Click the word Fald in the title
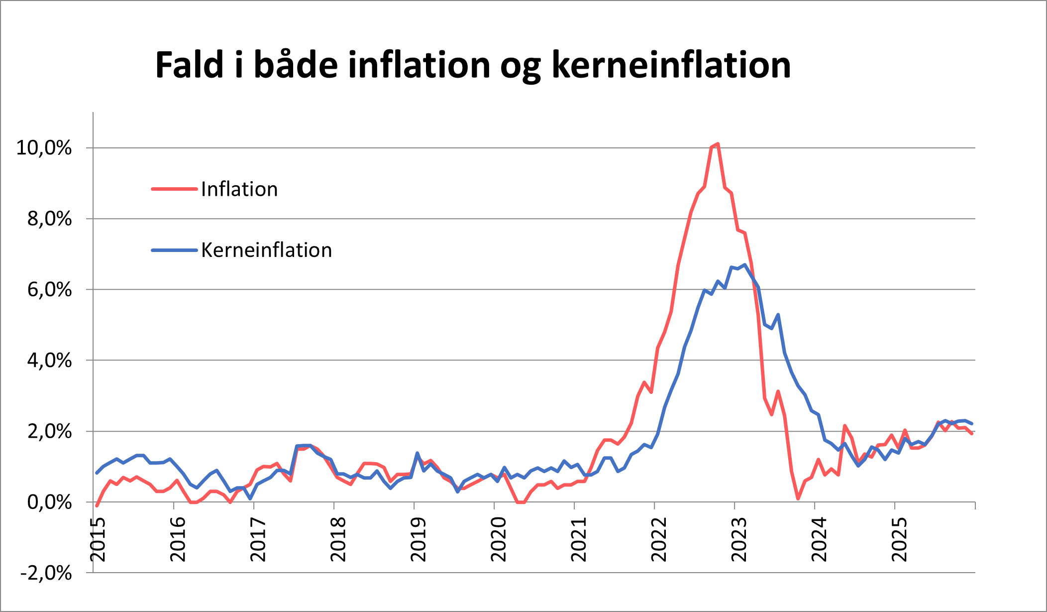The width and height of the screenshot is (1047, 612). click(x=190, y=65)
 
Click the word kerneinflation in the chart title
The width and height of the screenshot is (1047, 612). click(x=671, y=65)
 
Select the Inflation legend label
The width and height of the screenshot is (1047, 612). click(x=239, y=189)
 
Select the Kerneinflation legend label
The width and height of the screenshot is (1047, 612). click(x=266, y=250)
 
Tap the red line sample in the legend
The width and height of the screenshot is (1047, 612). click(x=174, y=189)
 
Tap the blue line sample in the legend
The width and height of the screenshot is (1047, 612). click(x=174, y=250)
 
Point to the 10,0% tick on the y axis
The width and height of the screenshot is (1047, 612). click(x=44, y=148)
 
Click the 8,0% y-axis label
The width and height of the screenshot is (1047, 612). click(x=49, y=219)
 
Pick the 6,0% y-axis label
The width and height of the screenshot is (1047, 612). click(x=49, y=290)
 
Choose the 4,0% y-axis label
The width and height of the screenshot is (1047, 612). click(x=49, y=361)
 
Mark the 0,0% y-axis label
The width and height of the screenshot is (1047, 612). click(x=49, y=502)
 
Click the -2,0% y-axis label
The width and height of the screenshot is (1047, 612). click(x=46, y=573)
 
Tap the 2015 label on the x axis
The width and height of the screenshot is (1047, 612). click(x=98, y=540)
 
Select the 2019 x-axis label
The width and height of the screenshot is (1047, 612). click(x=419, y=540)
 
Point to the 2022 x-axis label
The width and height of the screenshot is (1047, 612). click(x=659, y=540)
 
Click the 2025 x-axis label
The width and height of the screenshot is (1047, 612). click(x=899, y=540)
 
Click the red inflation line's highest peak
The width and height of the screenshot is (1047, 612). click(x=718, y=144)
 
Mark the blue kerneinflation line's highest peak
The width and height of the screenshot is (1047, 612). click(x=744, y=265)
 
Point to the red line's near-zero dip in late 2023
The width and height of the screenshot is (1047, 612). click(x=798, y=498)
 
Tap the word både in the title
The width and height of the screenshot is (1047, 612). click(x=296, y=65)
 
